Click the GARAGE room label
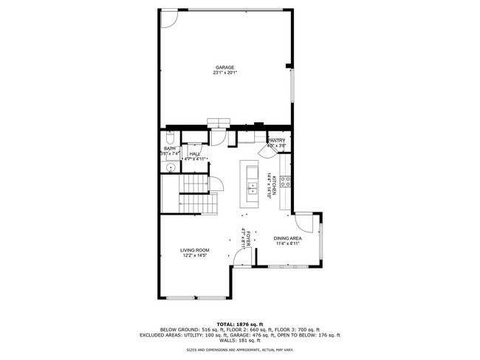point(225,67)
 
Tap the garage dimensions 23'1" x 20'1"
point(225,73)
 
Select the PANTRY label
point(276,140)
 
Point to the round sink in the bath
point(170,167)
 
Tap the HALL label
point(194,153)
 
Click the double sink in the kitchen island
point(252,184)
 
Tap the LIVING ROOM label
point(195,251)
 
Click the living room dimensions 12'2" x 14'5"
point(195,257)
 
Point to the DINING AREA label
point(287,238)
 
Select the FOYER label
point(247,238)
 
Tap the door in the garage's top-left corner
point(168,18)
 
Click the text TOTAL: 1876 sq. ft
point(239,323)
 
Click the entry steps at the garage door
point(219,122)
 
